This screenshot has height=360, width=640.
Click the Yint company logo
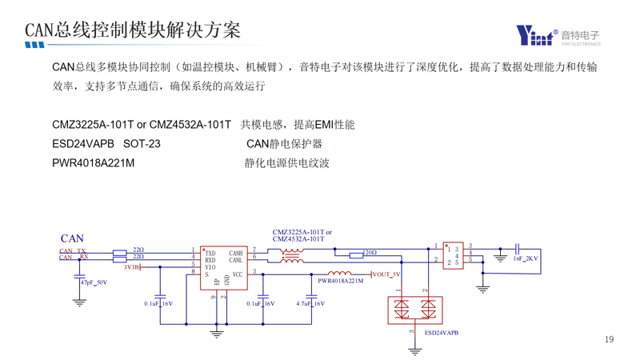click(558, 36)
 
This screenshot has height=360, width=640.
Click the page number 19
click(609, 340)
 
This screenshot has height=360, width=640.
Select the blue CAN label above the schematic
click(72, 238)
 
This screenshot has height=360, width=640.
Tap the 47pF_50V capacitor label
click(94, 282)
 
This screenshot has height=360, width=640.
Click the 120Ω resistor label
click(370, 253)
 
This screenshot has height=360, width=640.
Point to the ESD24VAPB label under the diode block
click(442, 332)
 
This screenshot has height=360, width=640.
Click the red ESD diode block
click(414, 310)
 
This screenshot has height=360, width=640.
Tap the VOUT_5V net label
click(386, 274)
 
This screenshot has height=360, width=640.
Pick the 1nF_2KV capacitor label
click(526, 258)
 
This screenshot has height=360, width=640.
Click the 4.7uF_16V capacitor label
click(310, 304)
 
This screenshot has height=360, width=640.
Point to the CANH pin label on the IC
click(235, 252)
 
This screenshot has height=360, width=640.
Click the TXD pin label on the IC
click(210, 252)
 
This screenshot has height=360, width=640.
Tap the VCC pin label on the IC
click(238, 274)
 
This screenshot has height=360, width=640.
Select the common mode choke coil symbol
click(291, 256)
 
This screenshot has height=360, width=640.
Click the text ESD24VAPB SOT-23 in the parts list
click(106, 144)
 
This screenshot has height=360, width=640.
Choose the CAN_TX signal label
click(72, 251)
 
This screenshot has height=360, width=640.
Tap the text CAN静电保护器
click(284, 144)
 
